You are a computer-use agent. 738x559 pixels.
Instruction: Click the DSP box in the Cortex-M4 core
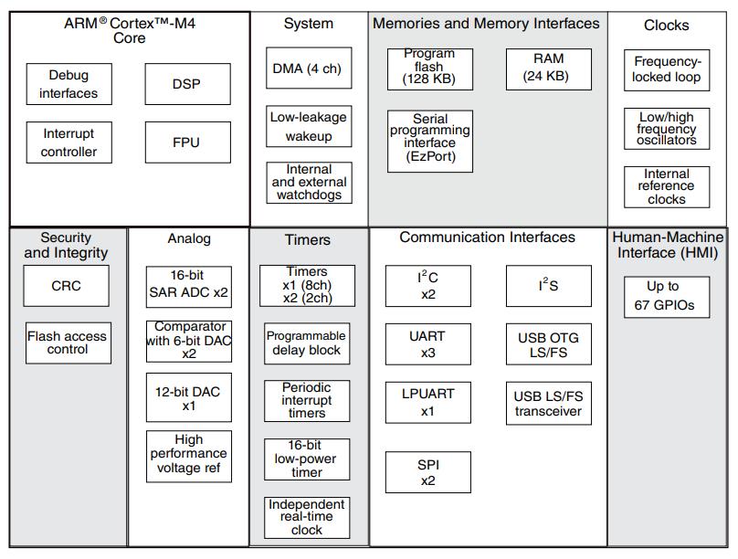tap(188, 84)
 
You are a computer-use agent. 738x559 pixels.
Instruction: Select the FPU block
tap(188, 142)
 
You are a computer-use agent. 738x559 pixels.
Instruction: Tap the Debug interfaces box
tap(69, 84)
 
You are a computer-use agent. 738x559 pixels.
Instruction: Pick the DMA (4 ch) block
tap(309, 68)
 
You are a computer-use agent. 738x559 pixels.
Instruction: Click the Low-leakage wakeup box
tap(309, 126)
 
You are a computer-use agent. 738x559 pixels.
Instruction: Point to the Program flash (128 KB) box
tap(430, 69)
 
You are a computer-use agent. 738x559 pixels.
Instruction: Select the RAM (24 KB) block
tap(549, 69)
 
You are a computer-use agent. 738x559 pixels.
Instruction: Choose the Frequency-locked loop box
tap(667, 70)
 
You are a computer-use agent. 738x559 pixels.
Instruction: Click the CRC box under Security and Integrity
tap(67, 286)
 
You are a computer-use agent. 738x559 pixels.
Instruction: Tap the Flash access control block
tap(69, 343)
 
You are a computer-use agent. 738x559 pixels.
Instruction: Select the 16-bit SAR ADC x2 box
tap(189, 287)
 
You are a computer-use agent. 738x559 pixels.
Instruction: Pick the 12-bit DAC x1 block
tap(189, 397)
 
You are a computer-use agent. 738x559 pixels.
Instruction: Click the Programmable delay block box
tap(307, 343)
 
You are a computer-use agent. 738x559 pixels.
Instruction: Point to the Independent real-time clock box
tap(307, 518)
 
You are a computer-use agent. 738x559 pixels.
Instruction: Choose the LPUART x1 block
tap(428, 402)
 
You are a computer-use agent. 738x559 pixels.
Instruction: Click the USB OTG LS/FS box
tap(549, 344)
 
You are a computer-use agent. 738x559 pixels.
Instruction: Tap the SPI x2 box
tap(428, 472)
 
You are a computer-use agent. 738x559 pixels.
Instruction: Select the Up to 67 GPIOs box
tap(667, 298)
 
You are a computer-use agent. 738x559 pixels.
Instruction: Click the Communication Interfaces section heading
tap(487, 237)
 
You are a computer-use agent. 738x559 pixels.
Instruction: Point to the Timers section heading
tap(308, 240)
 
